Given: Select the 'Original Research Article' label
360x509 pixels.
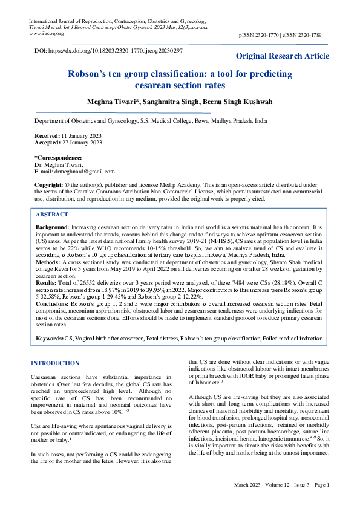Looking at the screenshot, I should coord(283,56).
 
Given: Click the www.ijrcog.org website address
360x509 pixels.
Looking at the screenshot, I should coord(47,34).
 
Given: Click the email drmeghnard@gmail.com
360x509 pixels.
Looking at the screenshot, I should coord(80,171).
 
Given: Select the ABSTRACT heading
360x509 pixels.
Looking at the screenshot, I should coord(51,215).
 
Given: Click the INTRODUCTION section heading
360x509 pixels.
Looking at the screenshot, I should coord(55,363).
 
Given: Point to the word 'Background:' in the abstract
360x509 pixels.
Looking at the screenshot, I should coord(52,226).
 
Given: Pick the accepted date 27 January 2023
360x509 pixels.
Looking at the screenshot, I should coord(82,143).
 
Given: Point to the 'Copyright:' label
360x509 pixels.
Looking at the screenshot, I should coord(49,184).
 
